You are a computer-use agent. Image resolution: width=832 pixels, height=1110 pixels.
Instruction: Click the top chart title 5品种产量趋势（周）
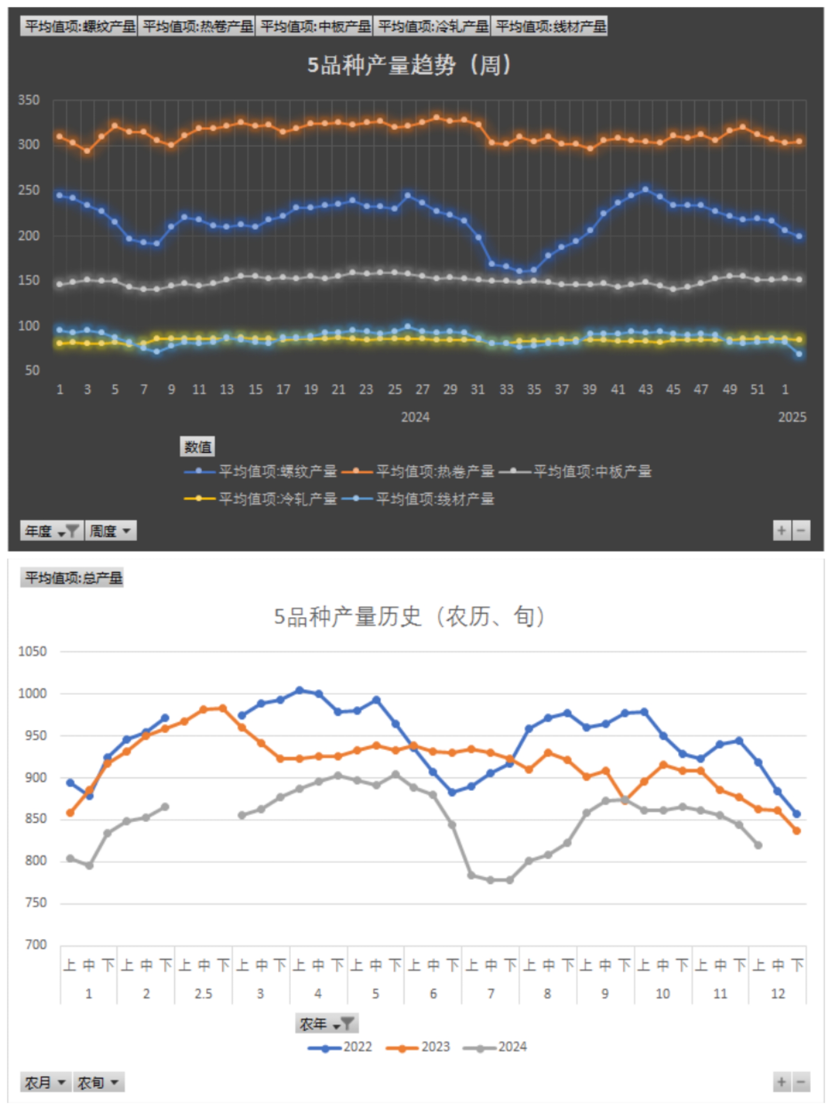(x=409, y=65)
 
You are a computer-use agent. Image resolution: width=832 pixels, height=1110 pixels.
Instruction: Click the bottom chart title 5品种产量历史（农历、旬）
(x=409, y=616)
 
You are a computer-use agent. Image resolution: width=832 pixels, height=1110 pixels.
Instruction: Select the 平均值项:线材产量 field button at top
(x=550, y=26)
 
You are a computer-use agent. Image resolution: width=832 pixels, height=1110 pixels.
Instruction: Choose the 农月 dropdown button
(x=45, y=1082)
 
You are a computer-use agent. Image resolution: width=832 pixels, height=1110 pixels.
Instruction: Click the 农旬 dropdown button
(x=98, y=1082)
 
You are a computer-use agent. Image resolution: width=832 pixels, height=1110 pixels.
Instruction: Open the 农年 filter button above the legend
(x=327, y=1023)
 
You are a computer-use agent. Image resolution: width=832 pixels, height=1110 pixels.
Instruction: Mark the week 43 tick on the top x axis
(x=646, y=389)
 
